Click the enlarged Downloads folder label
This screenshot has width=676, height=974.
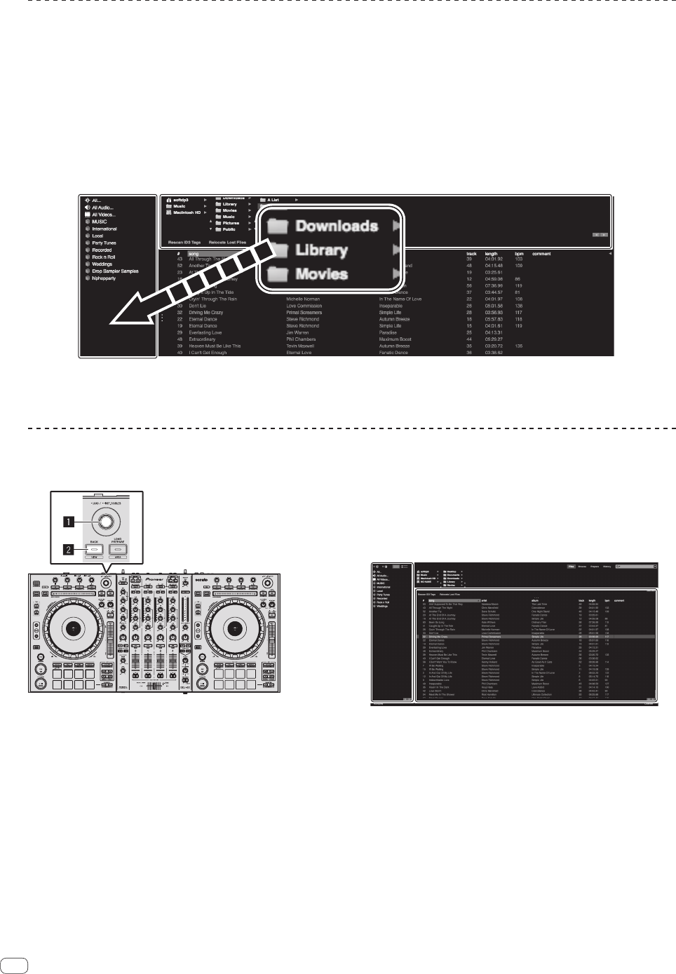[337, 226]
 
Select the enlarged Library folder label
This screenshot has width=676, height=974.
[321, 250]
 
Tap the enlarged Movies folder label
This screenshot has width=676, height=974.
[321, 274]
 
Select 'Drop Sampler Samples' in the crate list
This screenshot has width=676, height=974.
[115, 271]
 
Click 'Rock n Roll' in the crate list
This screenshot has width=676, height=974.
[104, 257]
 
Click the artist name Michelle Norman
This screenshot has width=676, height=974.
[303, 299]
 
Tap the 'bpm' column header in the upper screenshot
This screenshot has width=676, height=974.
[519, 254]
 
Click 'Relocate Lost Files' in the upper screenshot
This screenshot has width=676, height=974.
[227, 242]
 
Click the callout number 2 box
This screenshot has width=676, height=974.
[69, 550]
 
